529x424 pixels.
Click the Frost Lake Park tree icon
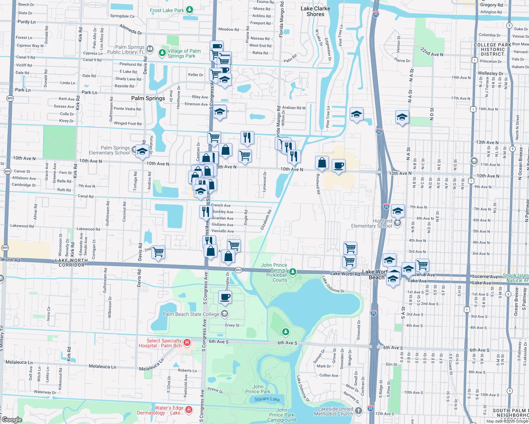[x=190, y=10]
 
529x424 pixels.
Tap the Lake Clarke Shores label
[x=315, y=11]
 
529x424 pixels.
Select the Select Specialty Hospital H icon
[x=187, y=342]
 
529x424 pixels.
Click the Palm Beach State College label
[x=191, y=314]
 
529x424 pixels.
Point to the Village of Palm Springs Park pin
[x=162, y=53]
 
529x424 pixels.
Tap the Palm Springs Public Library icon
[x=150, y=49]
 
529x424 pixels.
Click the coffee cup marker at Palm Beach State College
[x=225, y=297]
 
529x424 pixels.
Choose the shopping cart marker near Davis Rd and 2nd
[x=158, y=252]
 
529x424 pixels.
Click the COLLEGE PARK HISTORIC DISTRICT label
[x=492, y=49]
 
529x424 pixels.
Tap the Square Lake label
[x=267, y=399]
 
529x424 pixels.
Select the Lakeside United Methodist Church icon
[x=359, y=410]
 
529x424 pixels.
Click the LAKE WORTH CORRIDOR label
[x=71, y=263]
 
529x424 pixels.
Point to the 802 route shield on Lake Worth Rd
[x=238, y=270]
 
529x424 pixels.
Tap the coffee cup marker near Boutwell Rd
[x=338, y=166]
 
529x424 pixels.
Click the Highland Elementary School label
[x=371, y=223]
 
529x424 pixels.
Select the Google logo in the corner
[x=12, y=420]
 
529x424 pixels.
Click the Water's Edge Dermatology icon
[x=189, y=410]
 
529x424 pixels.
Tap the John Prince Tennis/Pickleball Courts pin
[x=292, y=272]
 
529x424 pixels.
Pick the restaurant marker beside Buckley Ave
[x=205, y=212]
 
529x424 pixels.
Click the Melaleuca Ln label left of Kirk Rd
[x=19, y=362]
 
